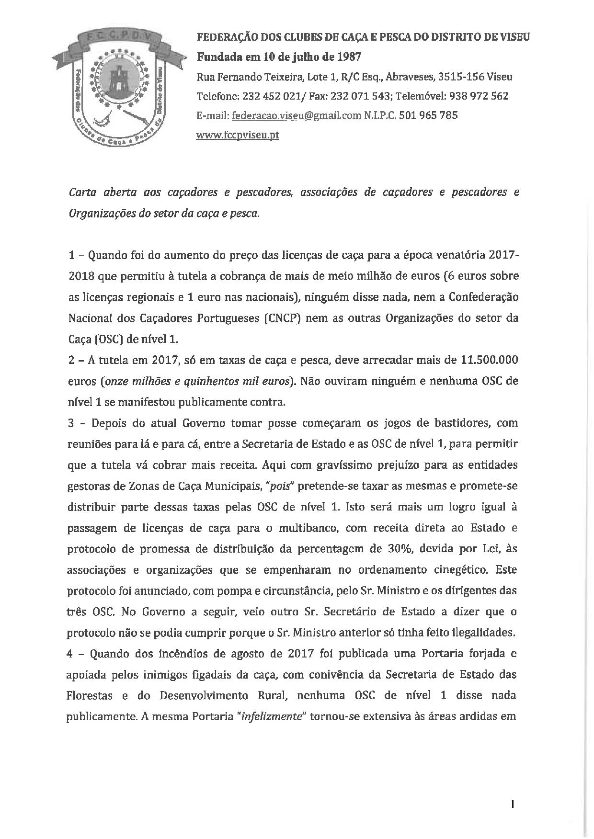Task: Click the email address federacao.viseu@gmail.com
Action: tap(296, 115)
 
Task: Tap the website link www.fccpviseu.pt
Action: tap(238, 135)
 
